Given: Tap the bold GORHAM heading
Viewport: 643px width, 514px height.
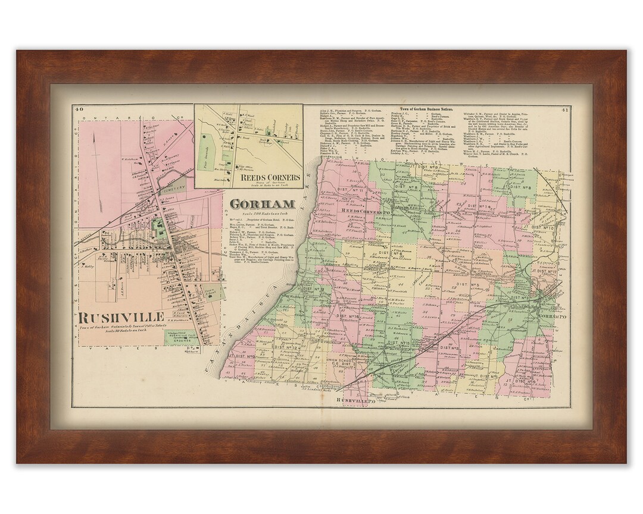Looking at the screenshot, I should point(254,204).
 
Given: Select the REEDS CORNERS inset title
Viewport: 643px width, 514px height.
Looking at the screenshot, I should point(269,177).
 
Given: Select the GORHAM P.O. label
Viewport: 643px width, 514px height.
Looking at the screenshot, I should point(548,316).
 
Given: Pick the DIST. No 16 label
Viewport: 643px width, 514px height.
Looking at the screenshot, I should point(349,316).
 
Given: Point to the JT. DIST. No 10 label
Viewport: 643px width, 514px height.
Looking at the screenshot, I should point(539,228).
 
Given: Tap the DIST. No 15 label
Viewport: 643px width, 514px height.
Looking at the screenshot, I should point(398,343).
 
